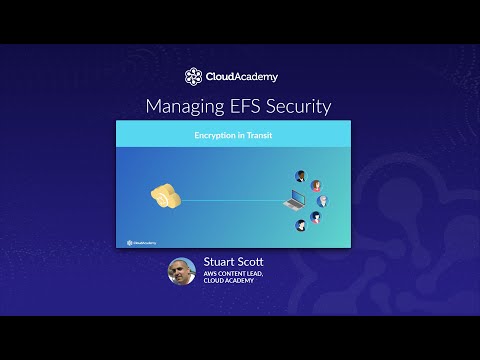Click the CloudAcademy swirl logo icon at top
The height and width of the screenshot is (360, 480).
point(193,77)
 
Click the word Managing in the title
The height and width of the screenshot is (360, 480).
point(182,105)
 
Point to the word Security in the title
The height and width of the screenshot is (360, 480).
point(297,105)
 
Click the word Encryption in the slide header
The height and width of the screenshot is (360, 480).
point(213,134)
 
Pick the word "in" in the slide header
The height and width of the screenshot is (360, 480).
point(238,134)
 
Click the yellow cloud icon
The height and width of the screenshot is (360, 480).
point(165,196)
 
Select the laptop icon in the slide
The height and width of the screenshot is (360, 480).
point(294,201)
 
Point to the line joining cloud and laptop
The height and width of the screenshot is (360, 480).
point(230,199)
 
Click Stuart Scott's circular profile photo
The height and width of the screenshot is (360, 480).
point(182,271)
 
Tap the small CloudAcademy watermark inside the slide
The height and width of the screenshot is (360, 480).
point(139,241)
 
